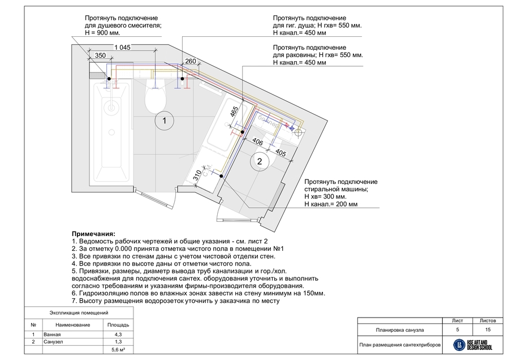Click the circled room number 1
164,121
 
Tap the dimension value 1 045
122,48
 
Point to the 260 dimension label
190,61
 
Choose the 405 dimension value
279,152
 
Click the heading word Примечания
93,233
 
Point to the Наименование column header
72,325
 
